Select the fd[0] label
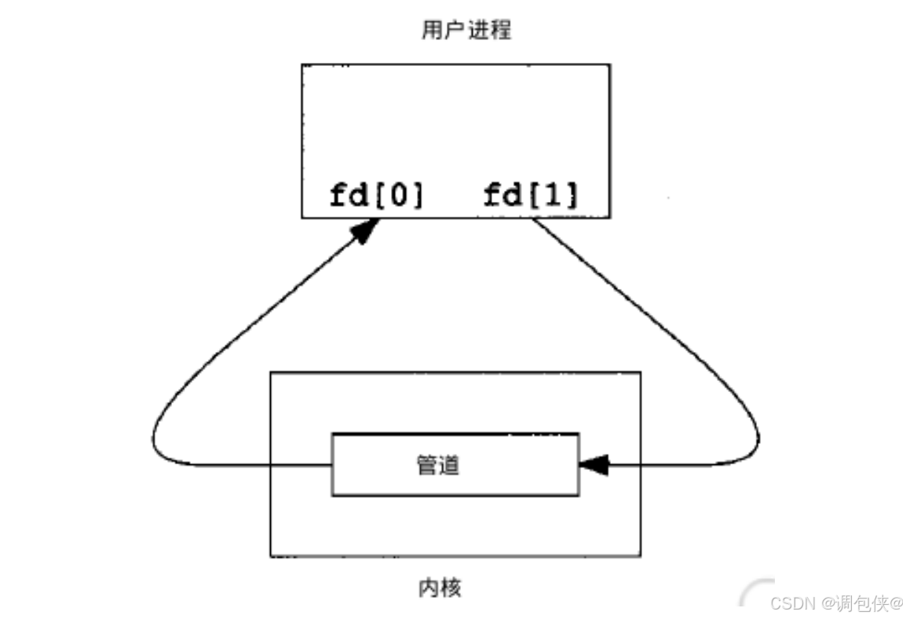click(376, 195)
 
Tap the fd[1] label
click(531, 195)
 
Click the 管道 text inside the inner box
click(438, 465)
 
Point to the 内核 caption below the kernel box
click(440, 587)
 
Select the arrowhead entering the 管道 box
click(593, 465)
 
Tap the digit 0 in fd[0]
click(398, 195)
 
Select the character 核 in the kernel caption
click(451, 587)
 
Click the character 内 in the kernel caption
click(429, 587)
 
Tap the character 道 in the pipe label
click(449, 465)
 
